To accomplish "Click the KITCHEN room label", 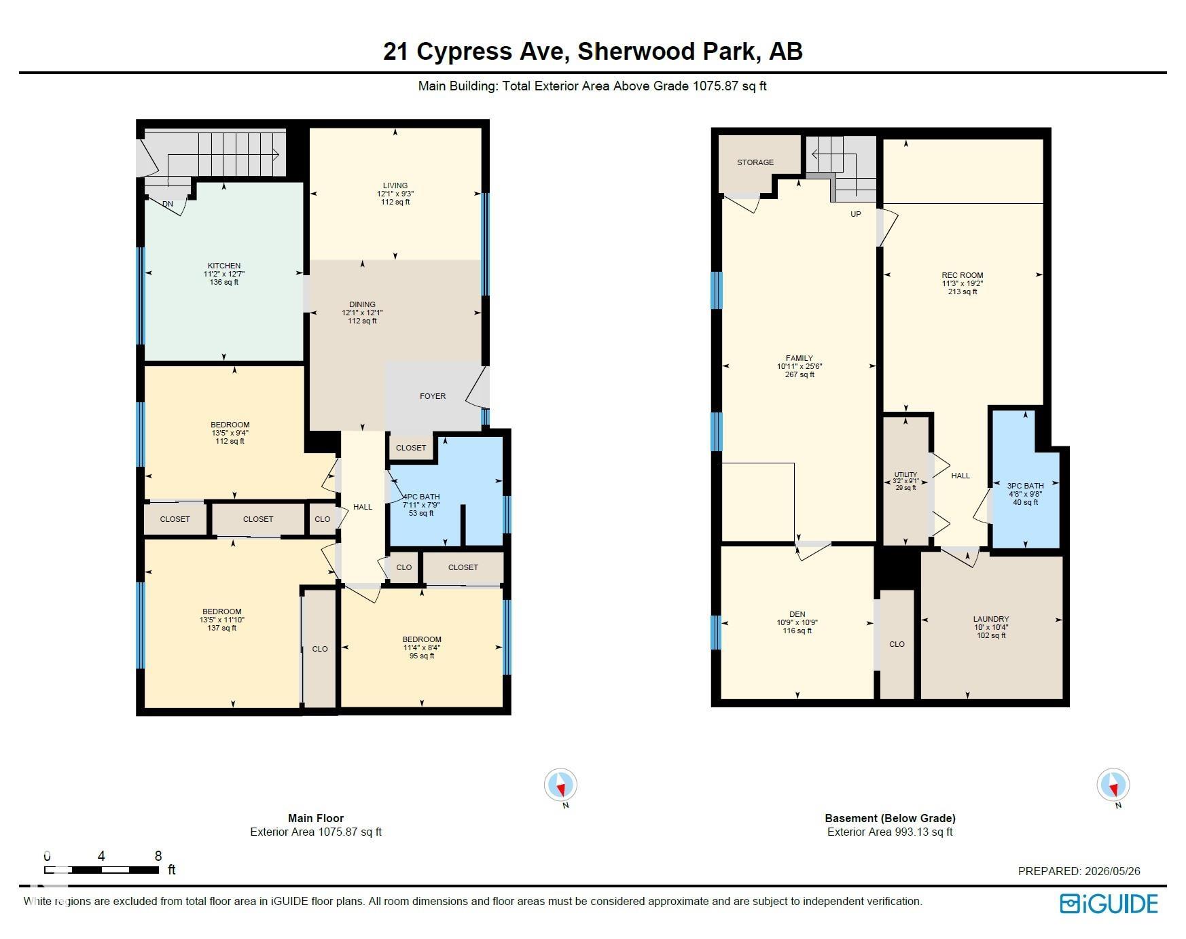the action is [224, 266].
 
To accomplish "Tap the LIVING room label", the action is [395, 185].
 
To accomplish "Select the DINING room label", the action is [363, 304].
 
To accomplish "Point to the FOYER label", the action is [433, 396].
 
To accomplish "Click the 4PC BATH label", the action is [422, 497].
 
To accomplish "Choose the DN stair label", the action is [168, 204].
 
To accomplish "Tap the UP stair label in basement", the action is [856, 214].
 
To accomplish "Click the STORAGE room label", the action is [755, 162].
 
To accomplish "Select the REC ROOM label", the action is [963, 275].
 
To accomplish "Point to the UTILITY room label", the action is [905, 474].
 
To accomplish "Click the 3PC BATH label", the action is [1026, 486].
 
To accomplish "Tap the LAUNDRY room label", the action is [991, 619].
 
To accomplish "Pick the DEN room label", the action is [797, 614].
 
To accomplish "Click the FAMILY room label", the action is [799, 358].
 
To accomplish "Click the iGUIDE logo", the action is [1109, 904].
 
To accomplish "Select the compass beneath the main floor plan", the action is [561, 785].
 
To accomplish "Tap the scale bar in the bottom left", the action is [102, 869].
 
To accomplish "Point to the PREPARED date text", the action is [1079, 871].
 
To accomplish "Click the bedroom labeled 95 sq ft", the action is [422, 648].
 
